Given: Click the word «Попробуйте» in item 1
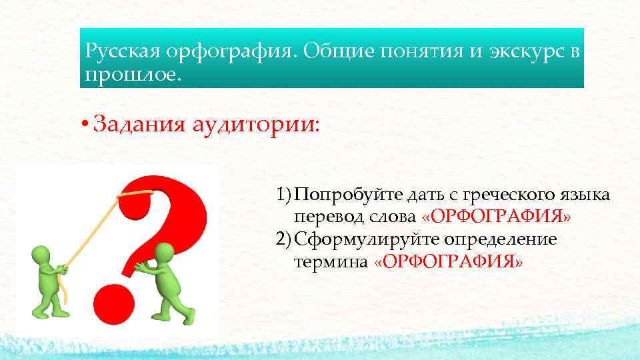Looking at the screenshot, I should coord(341,195).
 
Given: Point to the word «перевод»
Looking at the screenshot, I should coord(323,217).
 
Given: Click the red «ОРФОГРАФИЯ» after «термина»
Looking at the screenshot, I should coord(449,262).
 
